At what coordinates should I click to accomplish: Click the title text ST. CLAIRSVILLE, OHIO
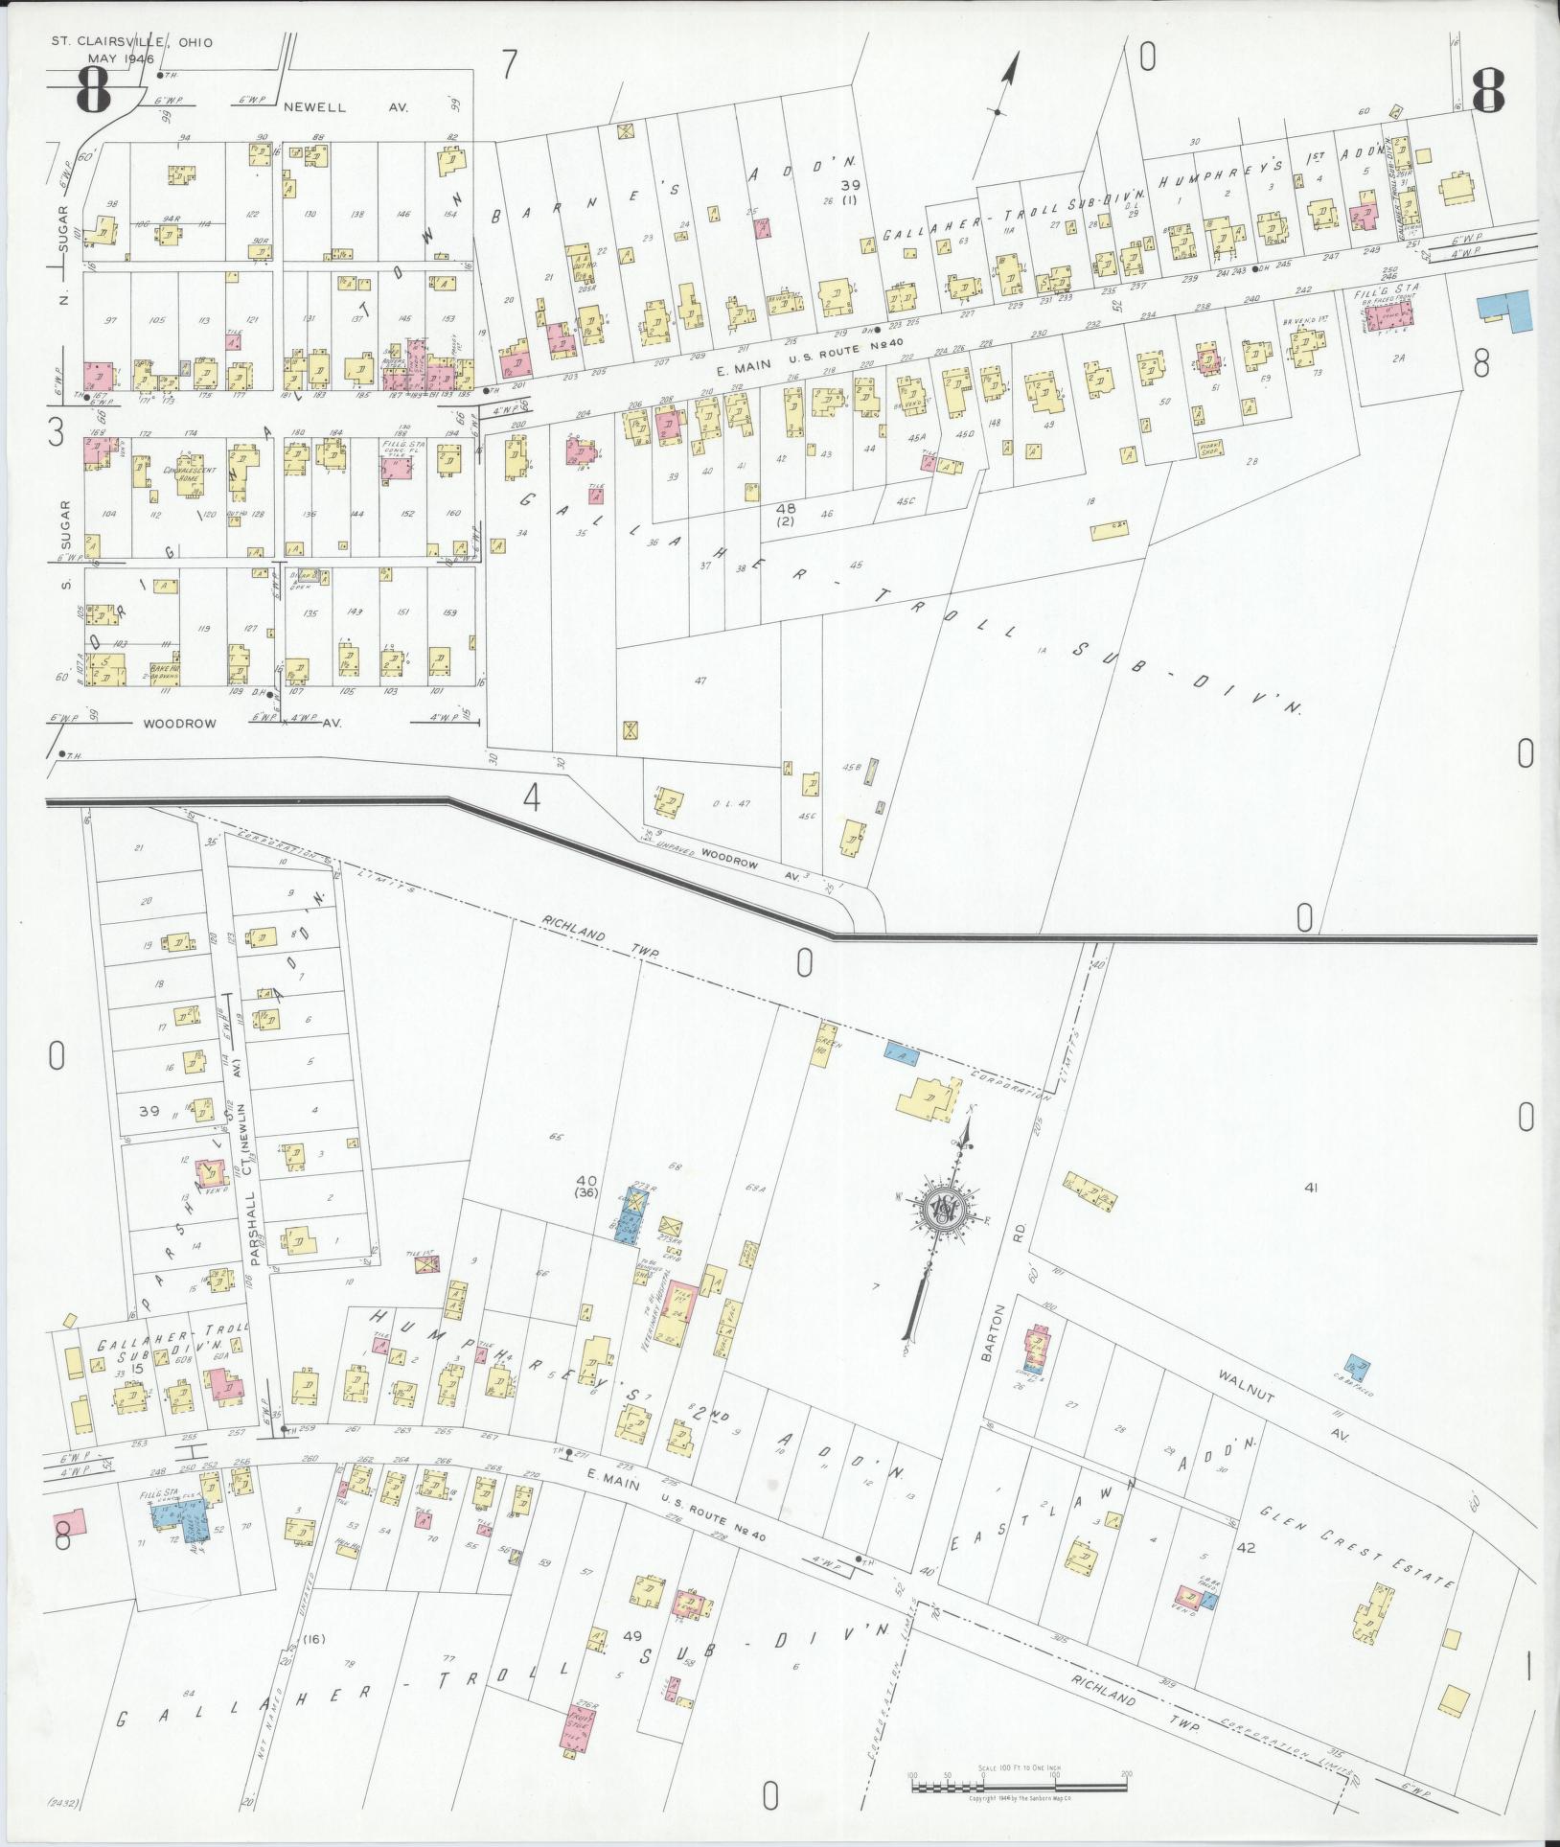[132, 42]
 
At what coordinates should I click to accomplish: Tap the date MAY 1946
[121, 59]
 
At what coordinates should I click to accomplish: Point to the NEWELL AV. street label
[345, 108]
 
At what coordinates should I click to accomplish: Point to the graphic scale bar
[1019, 1787]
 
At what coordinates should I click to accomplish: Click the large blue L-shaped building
[1505, 311]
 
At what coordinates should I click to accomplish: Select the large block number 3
[56, 436]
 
